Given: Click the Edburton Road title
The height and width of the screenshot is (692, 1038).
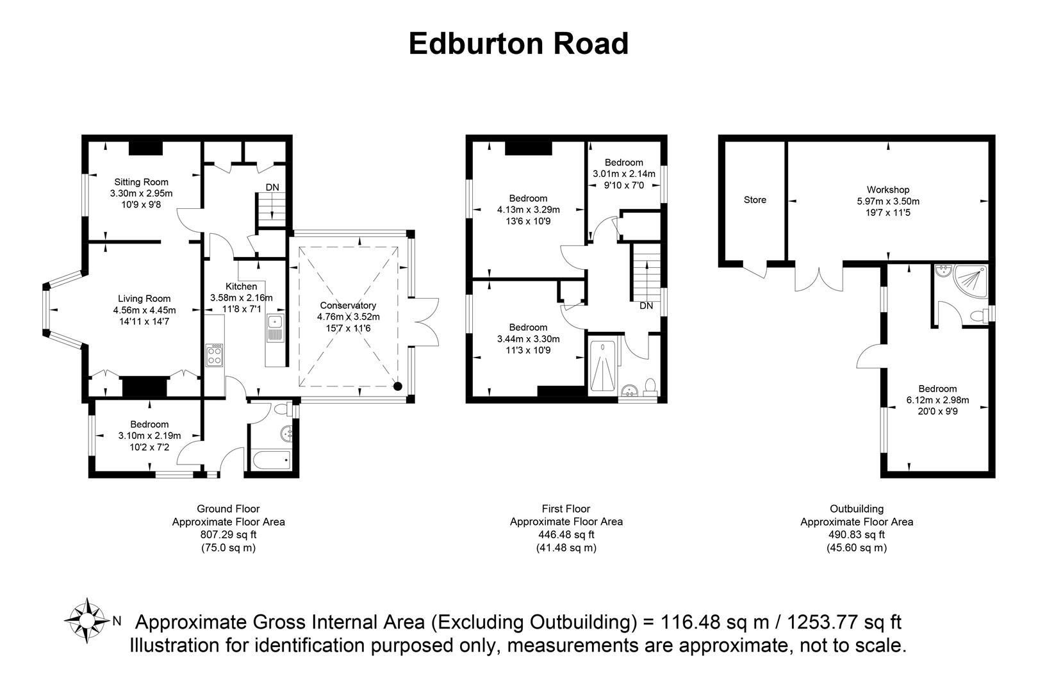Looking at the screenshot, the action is (518, 44).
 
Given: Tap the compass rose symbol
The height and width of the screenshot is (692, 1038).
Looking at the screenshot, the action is (86, 620).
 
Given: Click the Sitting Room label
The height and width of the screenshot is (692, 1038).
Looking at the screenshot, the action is (142, 182).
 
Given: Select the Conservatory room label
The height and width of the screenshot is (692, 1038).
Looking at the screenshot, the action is (348, 306).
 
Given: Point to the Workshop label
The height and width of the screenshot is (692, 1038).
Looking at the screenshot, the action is (888, 190).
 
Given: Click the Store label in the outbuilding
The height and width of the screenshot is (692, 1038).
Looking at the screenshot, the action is (755, 200).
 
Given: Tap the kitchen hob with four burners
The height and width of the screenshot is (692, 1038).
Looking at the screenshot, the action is (215, 355).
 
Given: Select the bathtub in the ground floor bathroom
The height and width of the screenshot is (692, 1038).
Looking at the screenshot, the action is (271, 460).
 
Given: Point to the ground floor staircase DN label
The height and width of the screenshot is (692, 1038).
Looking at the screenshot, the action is (272, 187).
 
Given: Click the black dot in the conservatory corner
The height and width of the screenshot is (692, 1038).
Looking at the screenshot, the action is (398, 386).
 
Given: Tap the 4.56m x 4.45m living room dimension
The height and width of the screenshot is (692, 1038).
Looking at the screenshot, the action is (145, 310).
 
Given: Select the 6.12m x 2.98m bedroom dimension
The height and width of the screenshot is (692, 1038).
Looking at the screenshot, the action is (937, 400).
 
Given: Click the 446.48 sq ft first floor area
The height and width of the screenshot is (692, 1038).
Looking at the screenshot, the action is (566, 534).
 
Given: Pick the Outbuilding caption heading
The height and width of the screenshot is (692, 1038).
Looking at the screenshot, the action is (857, 509).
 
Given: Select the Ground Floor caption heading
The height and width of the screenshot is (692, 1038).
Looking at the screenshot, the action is (229, 509).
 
